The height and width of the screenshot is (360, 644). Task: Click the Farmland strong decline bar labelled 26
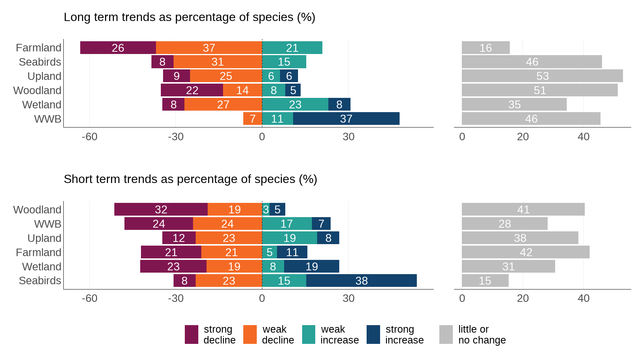point(118,48)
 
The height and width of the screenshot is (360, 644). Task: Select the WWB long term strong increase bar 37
point(346,118)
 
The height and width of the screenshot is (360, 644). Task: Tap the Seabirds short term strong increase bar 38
point(361,280)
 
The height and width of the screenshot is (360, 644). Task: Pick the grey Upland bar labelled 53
point(542,76)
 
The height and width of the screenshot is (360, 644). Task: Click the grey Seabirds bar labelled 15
point(485,280)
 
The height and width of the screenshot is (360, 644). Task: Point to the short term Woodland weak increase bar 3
point(266,209)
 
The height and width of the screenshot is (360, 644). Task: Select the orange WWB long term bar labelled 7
point(253,118)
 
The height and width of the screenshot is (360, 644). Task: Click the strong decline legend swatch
point(192,334)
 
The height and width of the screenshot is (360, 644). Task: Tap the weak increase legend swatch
point(309,334)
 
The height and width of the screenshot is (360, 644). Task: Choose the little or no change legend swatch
point(446,334)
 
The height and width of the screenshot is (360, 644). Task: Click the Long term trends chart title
point(189,17)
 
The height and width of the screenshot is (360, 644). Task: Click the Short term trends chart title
point(190,179)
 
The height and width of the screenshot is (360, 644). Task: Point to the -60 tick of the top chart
point(90,136)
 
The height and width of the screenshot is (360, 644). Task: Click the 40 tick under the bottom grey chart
point(583,298)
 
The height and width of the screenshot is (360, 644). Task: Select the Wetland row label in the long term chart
point(42,105)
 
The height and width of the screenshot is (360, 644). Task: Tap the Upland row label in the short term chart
point(44,238)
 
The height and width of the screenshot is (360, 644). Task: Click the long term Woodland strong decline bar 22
point(192,90)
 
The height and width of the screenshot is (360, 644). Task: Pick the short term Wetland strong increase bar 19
point(312,266)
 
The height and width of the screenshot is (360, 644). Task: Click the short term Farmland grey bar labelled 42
point(526,252)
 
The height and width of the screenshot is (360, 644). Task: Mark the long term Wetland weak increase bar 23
point(295,104)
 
